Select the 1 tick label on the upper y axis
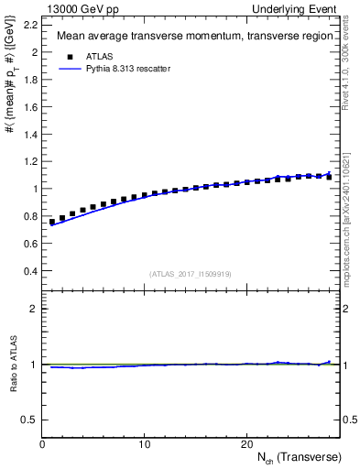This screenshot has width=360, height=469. point(35,189)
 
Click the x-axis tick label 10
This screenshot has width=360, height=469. point(144,444)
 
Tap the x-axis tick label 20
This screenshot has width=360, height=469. point(245,444)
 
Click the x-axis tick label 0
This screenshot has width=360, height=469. point(42,444)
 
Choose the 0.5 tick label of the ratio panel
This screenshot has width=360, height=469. point(29,420)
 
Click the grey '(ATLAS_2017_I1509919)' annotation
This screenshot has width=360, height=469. point(191,273)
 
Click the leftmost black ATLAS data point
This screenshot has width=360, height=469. point(52,222)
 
